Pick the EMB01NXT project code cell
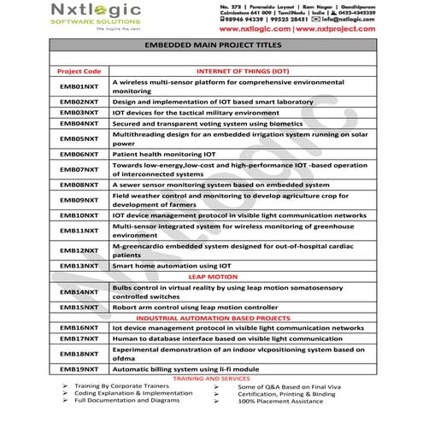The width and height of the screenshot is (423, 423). [x=79, y=86]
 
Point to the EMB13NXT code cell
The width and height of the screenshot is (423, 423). [x=79, y=266]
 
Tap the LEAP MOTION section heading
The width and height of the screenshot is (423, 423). [x=213, y=278]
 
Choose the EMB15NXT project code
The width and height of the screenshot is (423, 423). [x=79, y=306]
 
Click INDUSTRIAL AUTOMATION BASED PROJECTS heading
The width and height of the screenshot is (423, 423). [x=214, y=317]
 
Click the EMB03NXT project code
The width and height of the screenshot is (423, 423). [x=79, y=113]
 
